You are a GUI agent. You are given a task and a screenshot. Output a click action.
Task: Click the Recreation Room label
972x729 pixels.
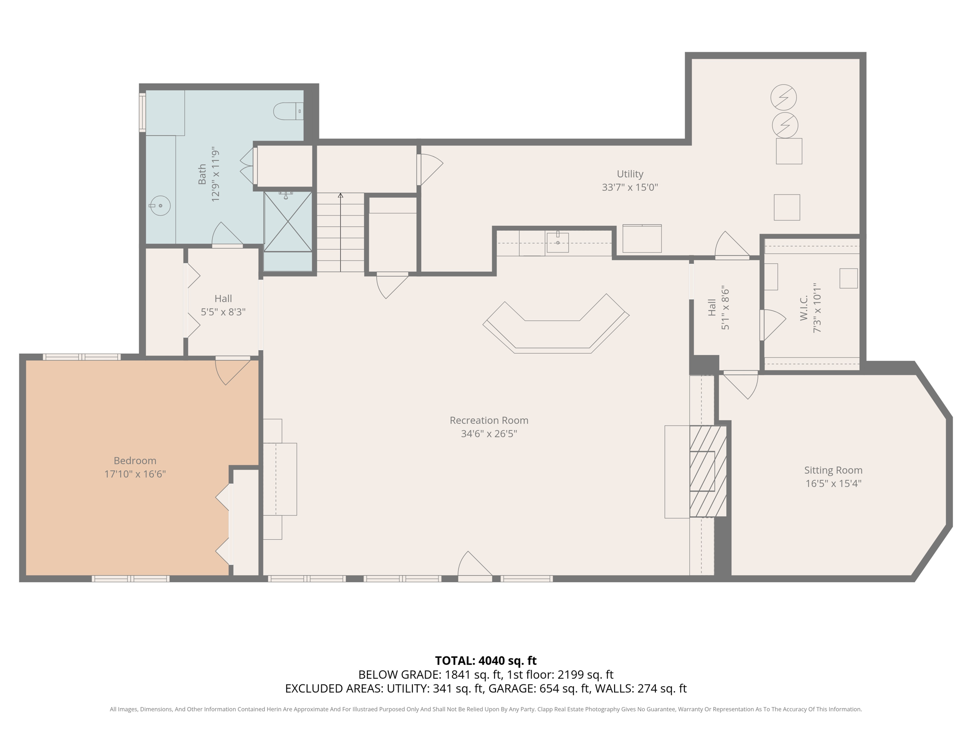[488, 421]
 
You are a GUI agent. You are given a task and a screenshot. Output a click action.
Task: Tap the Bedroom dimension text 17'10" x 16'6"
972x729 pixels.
[135, 474]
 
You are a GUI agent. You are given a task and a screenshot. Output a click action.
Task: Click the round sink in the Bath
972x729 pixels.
[160, 206]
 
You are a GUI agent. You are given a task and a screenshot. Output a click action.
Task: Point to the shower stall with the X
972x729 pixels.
[288, 222]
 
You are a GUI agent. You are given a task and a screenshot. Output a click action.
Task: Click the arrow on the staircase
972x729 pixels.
[340, 196]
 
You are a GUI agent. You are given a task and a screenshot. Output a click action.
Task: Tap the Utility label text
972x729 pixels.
[630, 174]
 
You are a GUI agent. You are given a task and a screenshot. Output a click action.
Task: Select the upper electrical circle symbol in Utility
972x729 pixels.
[783, 97]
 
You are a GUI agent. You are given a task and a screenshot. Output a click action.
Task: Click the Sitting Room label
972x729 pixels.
[833, 470]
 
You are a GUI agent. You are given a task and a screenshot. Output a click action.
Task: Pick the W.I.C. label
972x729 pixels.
[804, 308]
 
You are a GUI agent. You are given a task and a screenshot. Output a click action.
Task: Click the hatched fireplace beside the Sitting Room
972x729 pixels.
[708, 471]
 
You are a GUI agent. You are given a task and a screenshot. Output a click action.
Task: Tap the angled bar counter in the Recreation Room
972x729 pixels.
[555, 327]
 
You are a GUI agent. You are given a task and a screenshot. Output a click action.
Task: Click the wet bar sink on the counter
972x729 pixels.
[558, 243]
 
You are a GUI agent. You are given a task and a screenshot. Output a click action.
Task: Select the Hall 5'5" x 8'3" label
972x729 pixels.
[223, 305]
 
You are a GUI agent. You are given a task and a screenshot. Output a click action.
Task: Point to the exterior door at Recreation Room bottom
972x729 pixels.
[475, 567]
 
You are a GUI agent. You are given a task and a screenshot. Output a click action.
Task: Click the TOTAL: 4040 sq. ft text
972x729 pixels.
[486, 661]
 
